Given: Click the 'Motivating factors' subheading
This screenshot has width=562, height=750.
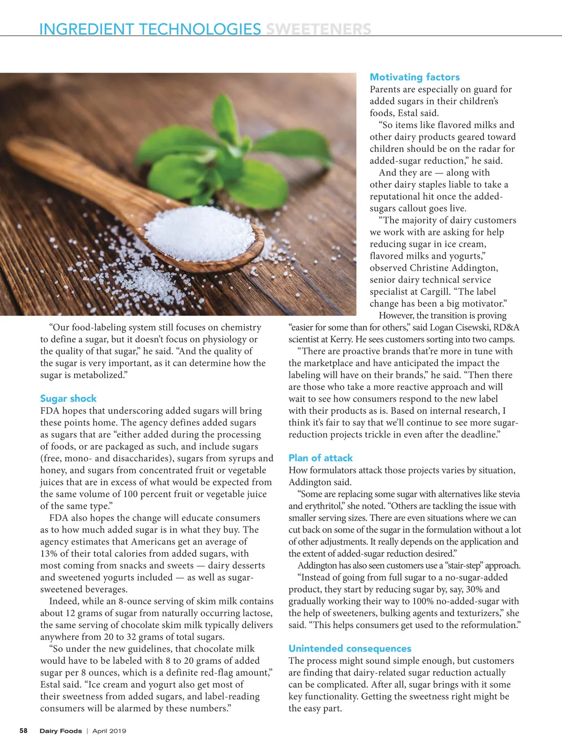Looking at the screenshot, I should (414, 77).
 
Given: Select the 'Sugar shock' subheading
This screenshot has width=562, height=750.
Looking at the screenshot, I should (68, 399).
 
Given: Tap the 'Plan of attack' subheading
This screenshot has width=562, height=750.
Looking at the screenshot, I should (320, 458).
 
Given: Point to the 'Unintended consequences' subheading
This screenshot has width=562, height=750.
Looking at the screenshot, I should (350, 649).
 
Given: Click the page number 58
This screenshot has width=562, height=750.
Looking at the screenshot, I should (23, 731).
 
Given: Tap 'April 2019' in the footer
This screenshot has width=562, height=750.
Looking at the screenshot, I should (109, 731).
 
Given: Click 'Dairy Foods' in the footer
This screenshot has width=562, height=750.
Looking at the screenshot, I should (60, 731).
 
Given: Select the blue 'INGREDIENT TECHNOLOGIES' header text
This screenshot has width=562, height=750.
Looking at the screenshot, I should (150, 29).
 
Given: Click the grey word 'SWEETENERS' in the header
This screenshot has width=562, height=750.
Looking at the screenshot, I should (318, 29).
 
